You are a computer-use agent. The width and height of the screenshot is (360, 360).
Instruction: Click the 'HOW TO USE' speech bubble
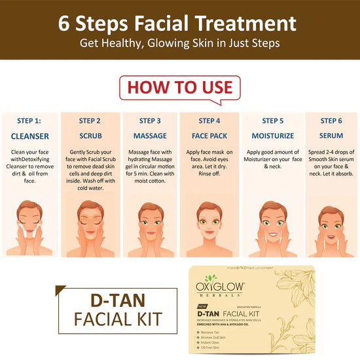(179, 87)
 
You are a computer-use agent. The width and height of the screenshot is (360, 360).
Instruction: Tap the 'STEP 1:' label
(29, 120)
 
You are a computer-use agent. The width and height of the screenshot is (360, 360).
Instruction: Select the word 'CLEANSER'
(29, 136)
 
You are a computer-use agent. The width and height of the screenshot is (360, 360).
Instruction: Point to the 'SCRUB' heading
(90, 136)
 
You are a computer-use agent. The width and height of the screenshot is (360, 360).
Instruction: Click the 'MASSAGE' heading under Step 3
(149, 136)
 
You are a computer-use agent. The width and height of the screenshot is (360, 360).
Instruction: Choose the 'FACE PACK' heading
(209, 136)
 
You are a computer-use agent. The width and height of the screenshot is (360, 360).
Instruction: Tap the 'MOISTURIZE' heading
(270, 136)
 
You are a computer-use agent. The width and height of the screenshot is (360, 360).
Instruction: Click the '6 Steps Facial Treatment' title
(180, 24)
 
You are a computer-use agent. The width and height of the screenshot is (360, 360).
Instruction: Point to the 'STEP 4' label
(209, 120)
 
